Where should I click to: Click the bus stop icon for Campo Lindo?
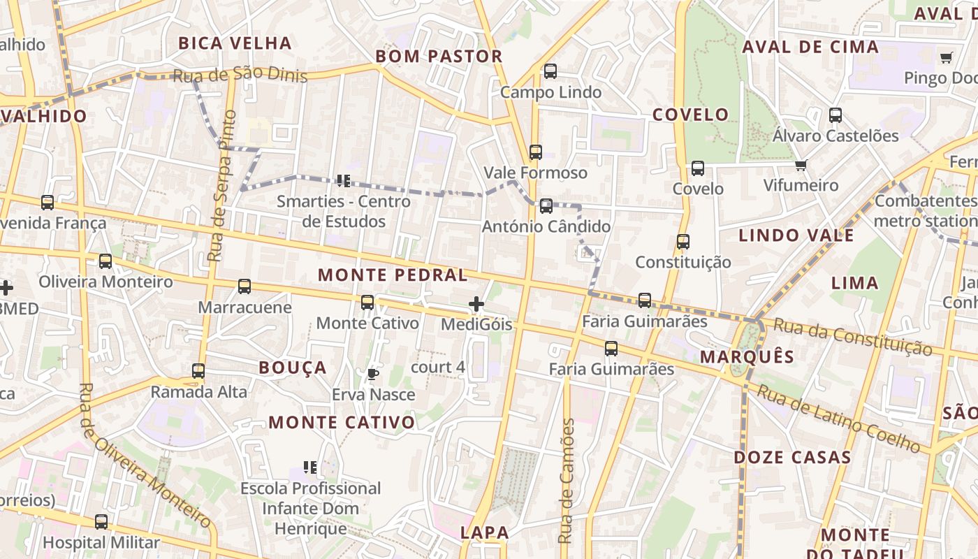[x=550, y=71]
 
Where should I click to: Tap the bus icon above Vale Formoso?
[x=536, y=152]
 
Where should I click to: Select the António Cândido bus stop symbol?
[x=546, y=205]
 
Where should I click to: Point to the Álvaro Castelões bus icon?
[x=835, y=115]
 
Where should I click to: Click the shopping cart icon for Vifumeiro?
[x=801, y=166]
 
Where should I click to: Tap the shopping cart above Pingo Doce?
[x=946, y=57]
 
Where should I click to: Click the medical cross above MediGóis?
[x=476, y=304]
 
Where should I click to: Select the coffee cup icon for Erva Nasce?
[x=373, y=374]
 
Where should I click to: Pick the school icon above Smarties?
[x=343, y=181]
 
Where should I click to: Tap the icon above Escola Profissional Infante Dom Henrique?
[x=311, y=467]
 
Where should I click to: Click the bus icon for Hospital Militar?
[x=101, y=521]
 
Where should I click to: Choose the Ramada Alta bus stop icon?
[x=199, y=370]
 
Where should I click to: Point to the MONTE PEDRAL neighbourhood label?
[x=393, y=275]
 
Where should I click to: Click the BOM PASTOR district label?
[x=439, y=57]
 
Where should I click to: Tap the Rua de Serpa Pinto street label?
[x=223, y=187]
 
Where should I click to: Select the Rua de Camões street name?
[x=567, y=481]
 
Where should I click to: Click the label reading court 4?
[x=438, y=367]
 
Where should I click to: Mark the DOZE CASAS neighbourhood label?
[x=792, y=458]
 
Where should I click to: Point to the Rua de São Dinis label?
[x=240, y=75]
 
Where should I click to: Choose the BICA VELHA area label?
[x=235, y=43]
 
